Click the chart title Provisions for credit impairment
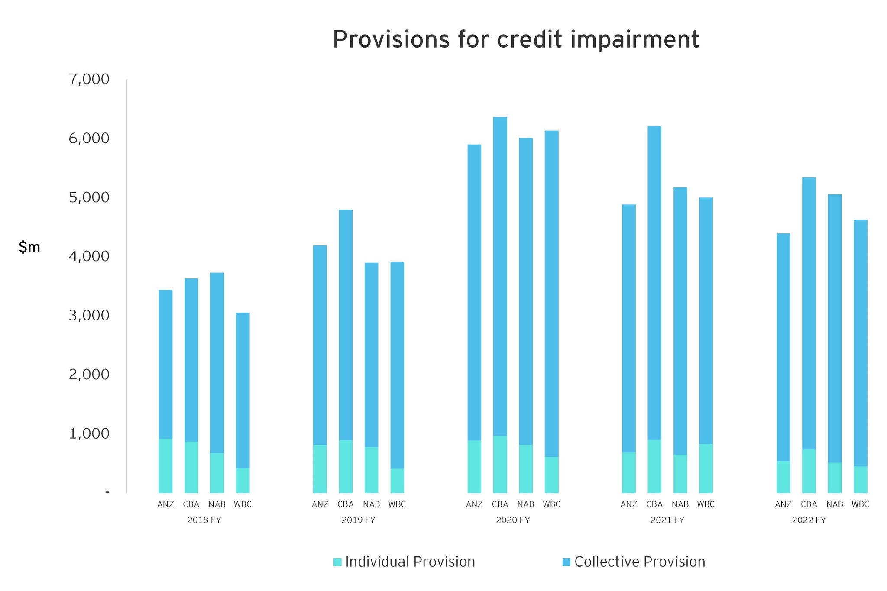[x=515, y=40]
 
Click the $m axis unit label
[x=29, y=247]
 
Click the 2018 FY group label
[x=204, y=520]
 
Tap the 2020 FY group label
[x=513, y=520]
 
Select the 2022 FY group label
[x=809, y=520]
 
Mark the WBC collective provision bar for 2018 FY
[x=243, y=390]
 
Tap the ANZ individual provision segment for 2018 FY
[x=165, y=465]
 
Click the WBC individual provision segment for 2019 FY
[x=397, y=481]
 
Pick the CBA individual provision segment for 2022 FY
[x=809, y=471]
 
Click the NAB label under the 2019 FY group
[x=371, y=504]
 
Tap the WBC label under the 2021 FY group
[x=706, y=504]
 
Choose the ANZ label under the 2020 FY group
[x=474, y=504]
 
